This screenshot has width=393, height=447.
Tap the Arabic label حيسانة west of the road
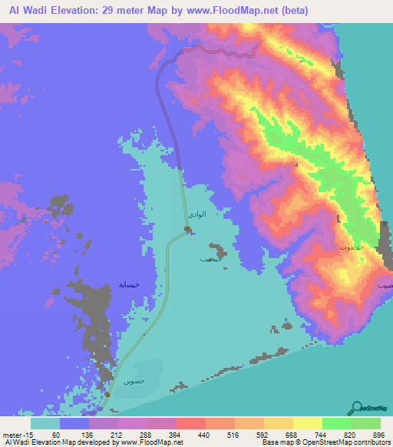tap(129, 284)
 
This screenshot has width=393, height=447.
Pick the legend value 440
tap(204, 435)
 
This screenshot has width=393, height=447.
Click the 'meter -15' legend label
tap(16, 435)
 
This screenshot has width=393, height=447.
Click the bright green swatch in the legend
tap(336, 423)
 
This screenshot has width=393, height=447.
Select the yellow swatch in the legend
tap(307, 423)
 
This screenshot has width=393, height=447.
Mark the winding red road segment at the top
tap(226, 51)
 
